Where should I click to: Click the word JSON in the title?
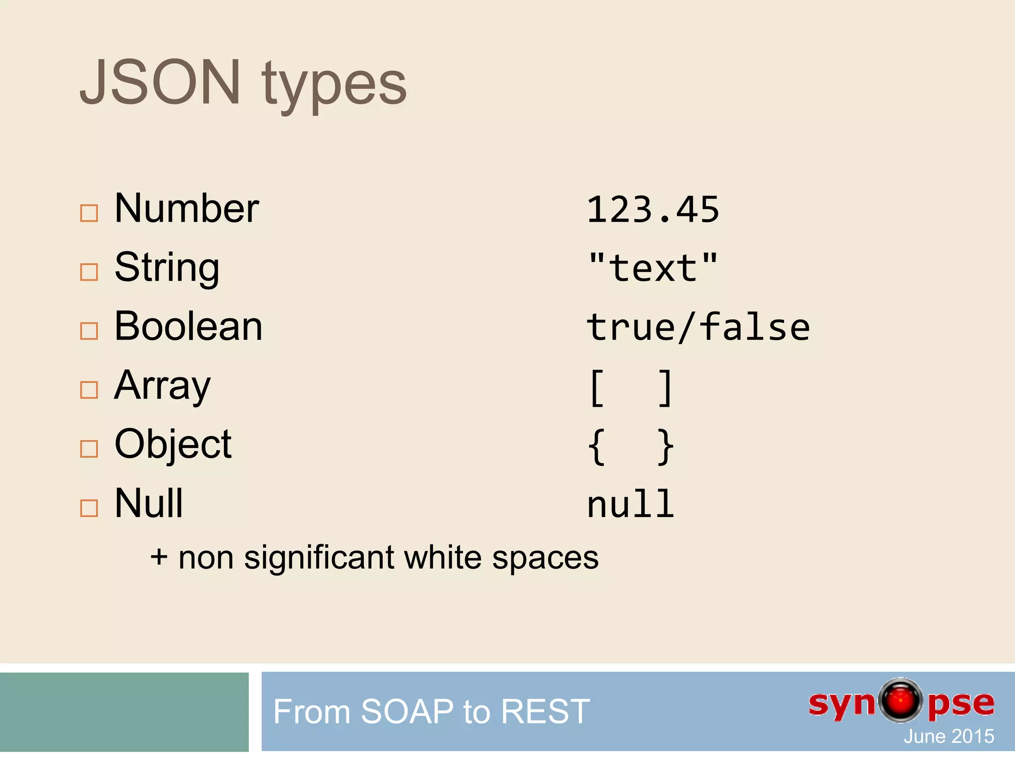pyautogui.click(x=160, y=82)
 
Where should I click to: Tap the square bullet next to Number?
pyautogui.click(x=89, y=213)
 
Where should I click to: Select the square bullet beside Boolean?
pyautogui.click(x=89, y=331)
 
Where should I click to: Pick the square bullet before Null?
pyautogui.click(x=89, y=508)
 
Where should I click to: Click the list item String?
pyautogui.click(x=167, y=268)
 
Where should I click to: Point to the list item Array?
pyautogui.click(x=162, y=386)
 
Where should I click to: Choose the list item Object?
pyautogui.click(x=173, y=444)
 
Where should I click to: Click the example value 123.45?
pyautogui.click(x=653, y=210)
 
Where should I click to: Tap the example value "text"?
pyautogui.click(x=653, y=268)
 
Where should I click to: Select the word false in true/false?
pyautogui.click(x=754, y=327)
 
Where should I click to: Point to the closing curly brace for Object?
pyautogui.click(x=665, y=446)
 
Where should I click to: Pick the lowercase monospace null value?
pyautogui.click(x=630, y=505)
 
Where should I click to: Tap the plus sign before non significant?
pyautogui.click(x=159, y=557)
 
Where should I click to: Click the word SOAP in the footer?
pyautogui.click(x=407, y=711)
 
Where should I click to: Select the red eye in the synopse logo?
pyautogui.click(x=901, y=700)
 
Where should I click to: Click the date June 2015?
pyautogui.click(x=949, y=736)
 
